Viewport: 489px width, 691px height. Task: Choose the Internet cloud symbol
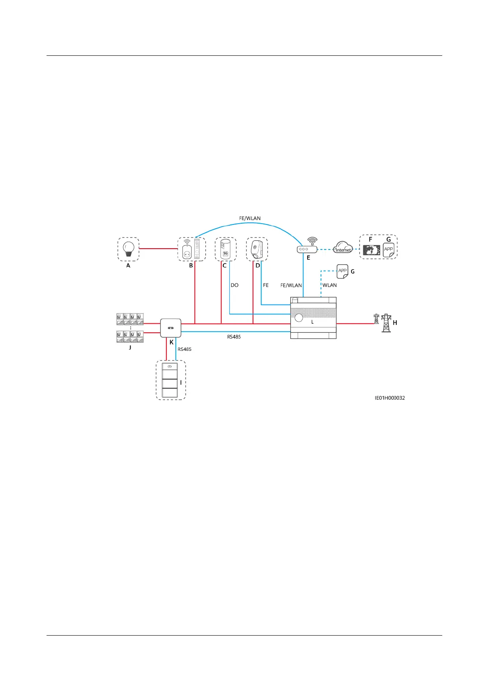pyautogui.click(x=343, y=248)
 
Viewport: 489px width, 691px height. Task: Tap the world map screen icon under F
pyautogui.click(x=372, y=251)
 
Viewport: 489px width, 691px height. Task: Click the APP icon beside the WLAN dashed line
pyautogui.click(x=342, y=271)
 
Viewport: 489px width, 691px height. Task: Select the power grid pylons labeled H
pyautogui.click(x=383, y=323)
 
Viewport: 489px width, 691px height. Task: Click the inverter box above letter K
pyautogui.click(x=170, y=328)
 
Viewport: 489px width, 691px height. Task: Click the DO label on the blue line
pyautogui.click(x=234, y=285)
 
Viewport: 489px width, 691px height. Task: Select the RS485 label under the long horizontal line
pyautogui.click(x=234, y=337)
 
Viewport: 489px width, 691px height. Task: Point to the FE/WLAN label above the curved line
pyautogui.click(x=250, y=218)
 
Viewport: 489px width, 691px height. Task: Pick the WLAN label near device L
pyautogui.click(x=329, y=285)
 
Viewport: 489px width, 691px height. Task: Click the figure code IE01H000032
pyautogui.click(x=390, y=398)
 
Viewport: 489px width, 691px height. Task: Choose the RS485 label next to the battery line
pyautogui.click(x=184, y=349)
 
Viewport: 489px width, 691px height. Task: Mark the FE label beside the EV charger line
pyautogui.click(x=266, y=285)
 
